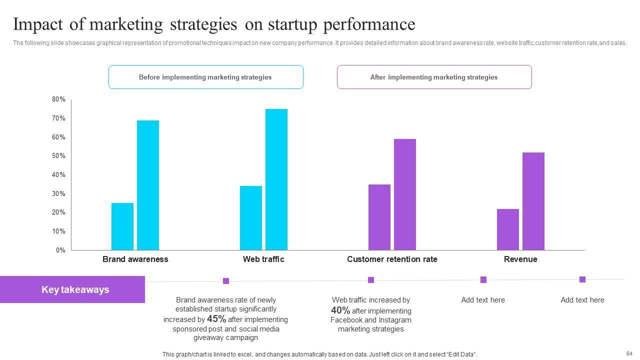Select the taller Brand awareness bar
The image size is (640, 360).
tap(148, 185)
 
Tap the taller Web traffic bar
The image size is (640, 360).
tap(276, 179)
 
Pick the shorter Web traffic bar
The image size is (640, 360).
tap(251, 218)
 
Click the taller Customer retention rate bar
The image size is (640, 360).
tap(405, 194)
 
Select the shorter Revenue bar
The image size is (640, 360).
tap(508, 229)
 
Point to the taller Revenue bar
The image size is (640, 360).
tap(533, 201)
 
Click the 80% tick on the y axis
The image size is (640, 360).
tap(58, 99)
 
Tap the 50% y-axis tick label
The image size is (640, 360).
tap(58, 156)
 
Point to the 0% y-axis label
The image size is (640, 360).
tap(60, 250)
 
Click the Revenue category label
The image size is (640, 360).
tap(520, 259)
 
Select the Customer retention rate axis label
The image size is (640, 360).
tap(392, 259)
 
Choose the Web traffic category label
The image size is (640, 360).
tap(263, 259)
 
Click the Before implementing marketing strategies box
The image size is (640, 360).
tap(205, 77)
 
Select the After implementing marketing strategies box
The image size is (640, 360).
tap(434, 77)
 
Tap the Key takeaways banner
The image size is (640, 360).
tap(72, 289)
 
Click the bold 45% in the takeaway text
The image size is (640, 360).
tap(216, 319)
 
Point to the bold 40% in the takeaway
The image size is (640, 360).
tap(340, 310)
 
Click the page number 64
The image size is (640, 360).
tap(629, 353)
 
